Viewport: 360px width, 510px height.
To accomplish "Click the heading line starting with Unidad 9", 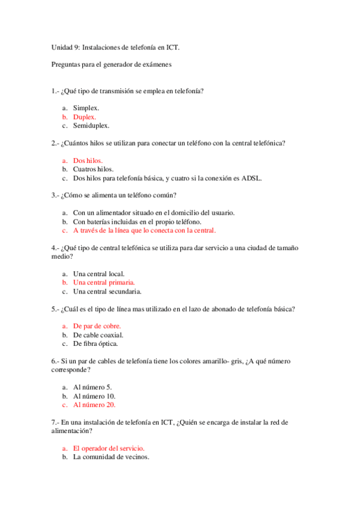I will tap(115, 46).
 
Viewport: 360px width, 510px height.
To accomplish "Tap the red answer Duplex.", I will tap(84, 117).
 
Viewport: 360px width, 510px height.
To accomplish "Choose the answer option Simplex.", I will tap(86, 108).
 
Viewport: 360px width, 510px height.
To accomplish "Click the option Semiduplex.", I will tap(91, 126).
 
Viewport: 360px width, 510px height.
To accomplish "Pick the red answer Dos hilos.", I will tap(88, 161).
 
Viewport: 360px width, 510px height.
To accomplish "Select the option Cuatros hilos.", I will tap(93, 170).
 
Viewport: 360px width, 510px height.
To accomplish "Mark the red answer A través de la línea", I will tap(144, 230).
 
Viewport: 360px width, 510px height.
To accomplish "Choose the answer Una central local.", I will tap(99, 274).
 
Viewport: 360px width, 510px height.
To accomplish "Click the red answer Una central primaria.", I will tap(104, 282).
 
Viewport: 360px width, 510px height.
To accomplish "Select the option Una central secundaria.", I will tap(107, 291).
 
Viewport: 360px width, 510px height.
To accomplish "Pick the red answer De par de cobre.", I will tap(97, 326).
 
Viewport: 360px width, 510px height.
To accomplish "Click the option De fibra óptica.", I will tap(96, 344).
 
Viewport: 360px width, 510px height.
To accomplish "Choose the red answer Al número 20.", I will tap(94, 405).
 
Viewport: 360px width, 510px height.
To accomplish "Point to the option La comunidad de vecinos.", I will tap(111, 457).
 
